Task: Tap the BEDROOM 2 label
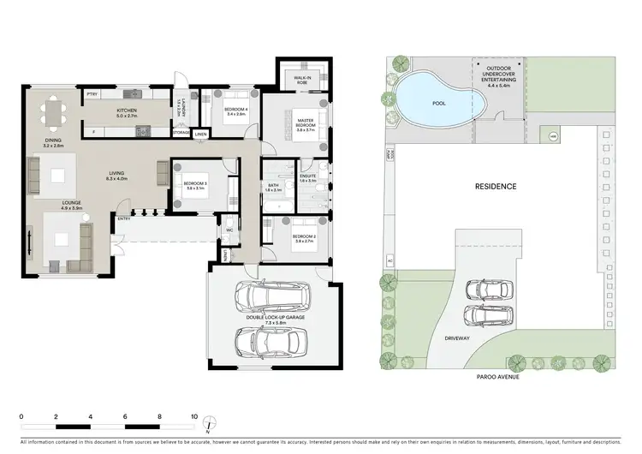[303, 237]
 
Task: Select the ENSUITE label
[308, 177]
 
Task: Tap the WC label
[230, 230]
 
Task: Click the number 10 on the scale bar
[194, 415]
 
